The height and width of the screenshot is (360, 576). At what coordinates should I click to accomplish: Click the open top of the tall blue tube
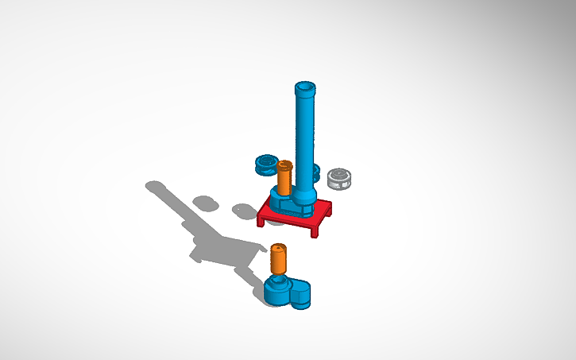305,86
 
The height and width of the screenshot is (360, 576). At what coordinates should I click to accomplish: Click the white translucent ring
339,179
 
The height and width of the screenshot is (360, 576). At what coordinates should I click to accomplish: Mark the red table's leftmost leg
261,221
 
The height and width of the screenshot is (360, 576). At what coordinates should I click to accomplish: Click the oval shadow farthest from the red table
205,203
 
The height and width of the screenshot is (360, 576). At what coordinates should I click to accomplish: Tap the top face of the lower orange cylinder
278,249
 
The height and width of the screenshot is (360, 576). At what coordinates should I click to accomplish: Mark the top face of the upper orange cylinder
284,165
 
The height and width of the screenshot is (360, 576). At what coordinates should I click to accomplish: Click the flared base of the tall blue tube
304,195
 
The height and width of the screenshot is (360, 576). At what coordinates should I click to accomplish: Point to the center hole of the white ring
339,174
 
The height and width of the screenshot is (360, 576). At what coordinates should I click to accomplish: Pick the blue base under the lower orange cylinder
278,291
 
